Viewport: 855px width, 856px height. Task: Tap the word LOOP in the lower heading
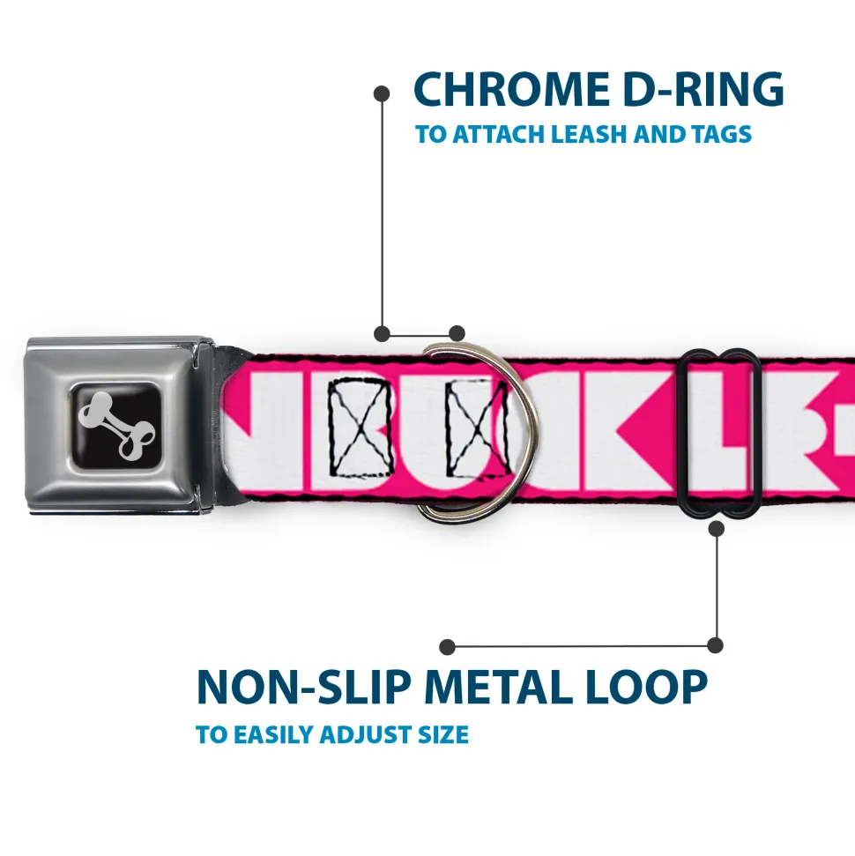tap(649, 688)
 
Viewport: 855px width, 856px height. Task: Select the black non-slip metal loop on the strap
tap(720, 431)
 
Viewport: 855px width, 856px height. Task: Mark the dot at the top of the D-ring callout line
tap(382, 93)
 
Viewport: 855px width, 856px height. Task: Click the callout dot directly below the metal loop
tap(716, 529)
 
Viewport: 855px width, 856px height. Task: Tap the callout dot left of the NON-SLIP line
tap(448, 647)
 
